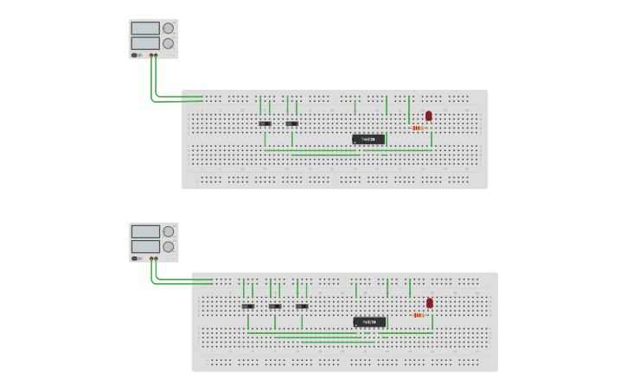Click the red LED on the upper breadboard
click(428, 116)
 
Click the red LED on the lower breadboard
click(430, 303)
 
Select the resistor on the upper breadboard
click(419, 129)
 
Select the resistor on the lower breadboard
click(419, 315)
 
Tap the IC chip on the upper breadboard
click(368, 139)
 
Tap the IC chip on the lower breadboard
click(369, 322)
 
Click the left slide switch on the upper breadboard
click(265, 123)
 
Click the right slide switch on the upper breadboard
click(291, 123)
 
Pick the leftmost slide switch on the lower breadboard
click(247, 306)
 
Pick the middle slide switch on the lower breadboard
click(275, 306)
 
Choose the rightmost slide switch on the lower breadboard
click(302, 306)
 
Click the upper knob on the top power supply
click(168, 28)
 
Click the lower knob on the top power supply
click(168, 43)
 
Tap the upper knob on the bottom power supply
click(169, 231)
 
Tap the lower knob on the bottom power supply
click(169, 247)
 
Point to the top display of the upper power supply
click(144, 28)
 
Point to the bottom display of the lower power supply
click(145, 247)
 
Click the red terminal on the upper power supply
click(156, 55)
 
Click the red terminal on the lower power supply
click(157, 258)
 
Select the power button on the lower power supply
click(135, 258)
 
